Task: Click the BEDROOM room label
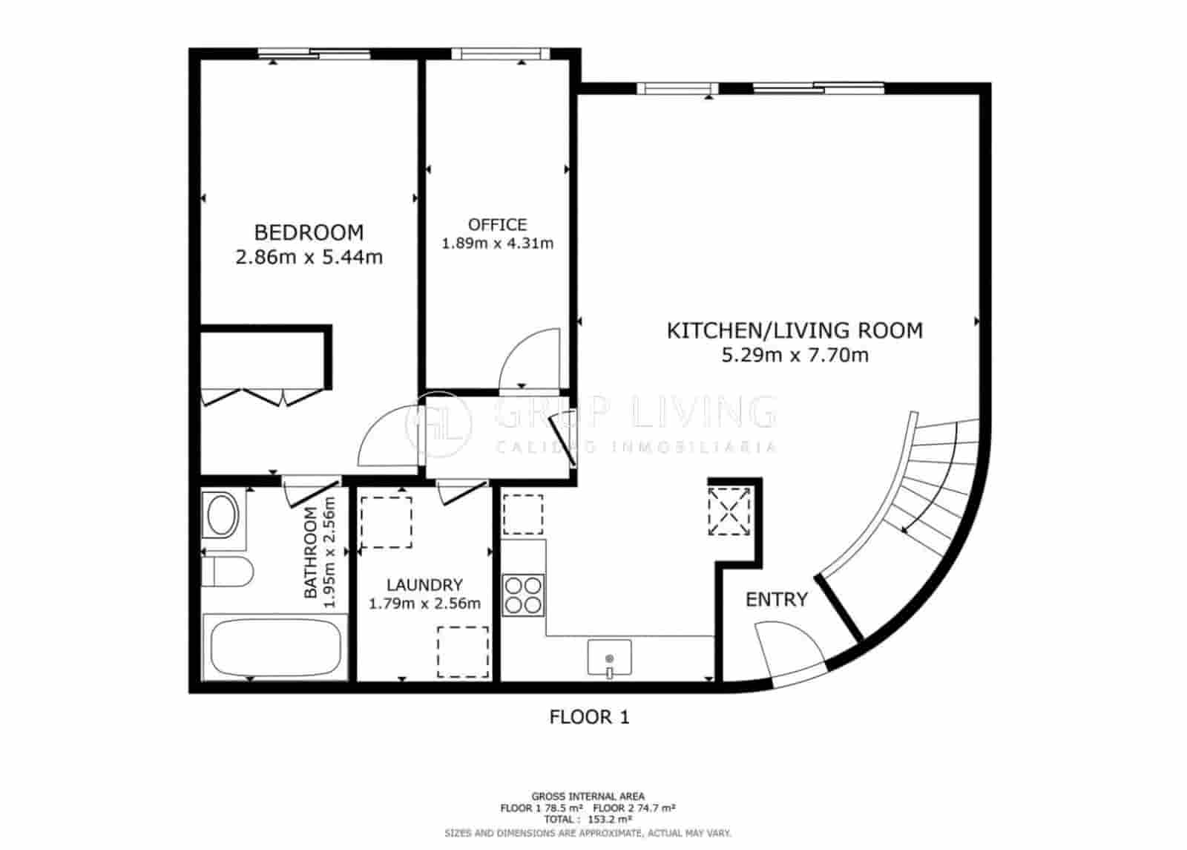coord(309,232)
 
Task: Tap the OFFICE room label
coord(497,225)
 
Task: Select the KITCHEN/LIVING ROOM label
coord(795,330)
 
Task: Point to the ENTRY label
coord(776,600)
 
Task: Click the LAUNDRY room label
coord(424,585)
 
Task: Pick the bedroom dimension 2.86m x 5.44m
coord(309,257)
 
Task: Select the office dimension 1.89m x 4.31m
coord(498,243)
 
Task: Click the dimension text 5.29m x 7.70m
coord(795,355)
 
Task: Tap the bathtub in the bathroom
coord(275,647)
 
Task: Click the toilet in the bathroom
coord(228,572)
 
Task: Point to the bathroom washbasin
coord(223,515)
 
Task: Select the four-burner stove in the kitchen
coord(523,595)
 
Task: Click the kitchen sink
coord(609,658)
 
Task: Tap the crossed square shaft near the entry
coord(729,511)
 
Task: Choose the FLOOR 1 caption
coord(589,717)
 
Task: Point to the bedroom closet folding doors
coord(263,398)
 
